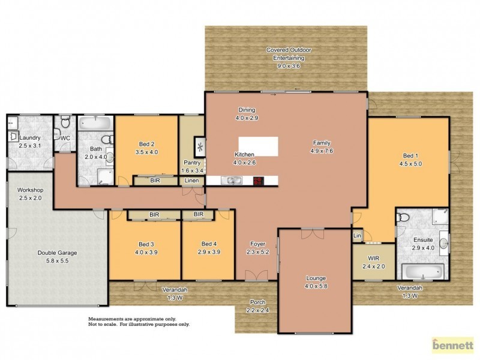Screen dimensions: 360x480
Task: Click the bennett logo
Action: [x=453, y=346]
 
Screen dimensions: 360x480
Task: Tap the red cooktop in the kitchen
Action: [x=258, y=180]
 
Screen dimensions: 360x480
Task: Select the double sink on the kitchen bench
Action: [x=232, y=180]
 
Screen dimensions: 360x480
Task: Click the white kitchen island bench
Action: [x=259, y=146]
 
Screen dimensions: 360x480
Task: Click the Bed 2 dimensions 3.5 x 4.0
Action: [x=147, y=152]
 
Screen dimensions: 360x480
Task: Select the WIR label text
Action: [x=373, y=259]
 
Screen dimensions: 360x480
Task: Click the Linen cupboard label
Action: [x=192, y=181]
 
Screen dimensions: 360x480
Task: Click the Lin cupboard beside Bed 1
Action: [x=358, y=235]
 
